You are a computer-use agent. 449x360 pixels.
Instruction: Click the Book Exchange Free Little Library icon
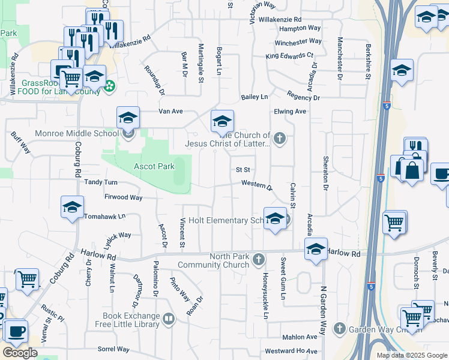pyautogui.click(x=169, y=319)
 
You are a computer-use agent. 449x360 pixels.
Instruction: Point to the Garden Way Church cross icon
pyautogui.click(x=340, y=328)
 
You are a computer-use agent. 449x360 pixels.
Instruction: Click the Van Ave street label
pyautogui.click(x=170, y=112)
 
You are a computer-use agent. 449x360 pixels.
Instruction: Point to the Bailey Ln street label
pyautogui.click(x=254, y=97)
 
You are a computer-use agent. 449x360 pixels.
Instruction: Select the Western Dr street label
pyautogui.click(x=257, y=185)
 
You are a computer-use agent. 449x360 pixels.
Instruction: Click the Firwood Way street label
pyautogui.click(x=123, y=197)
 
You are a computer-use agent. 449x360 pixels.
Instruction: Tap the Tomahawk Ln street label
pyautogui.click(x=105, y=216)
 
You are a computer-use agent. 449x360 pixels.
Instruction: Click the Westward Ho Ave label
pyautogui.click(x=291, y=350)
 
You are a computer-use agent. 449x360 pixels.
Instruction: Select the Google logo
pyautogui.click(x=20, y=353)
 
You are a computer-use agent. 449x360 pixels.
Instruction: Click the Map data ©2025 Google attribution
pyautogui.click(x=411, y=355)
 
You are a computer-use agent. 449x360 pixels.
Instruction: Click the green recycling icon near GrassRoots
pyautogui.click(x=109, y=88)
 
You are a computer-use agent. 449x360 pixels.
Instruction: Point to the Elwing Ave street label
pyautogui.click(x=290, y=111)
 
